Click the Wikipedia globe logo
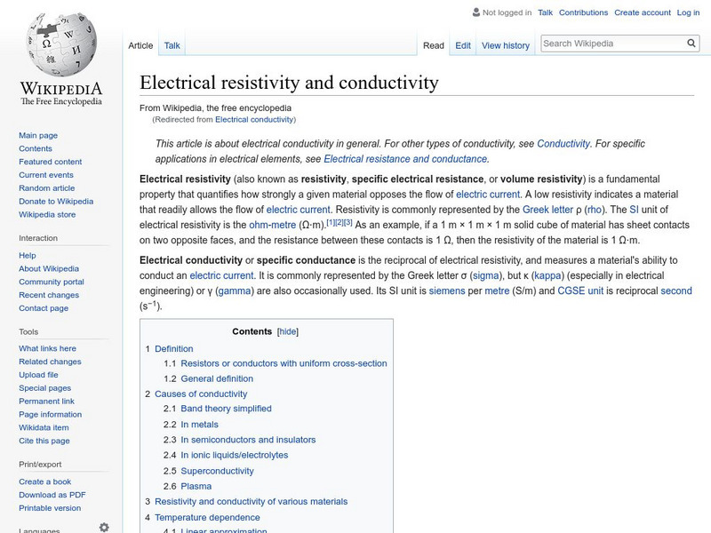(60, 44)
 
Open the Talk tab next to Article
(172, 45)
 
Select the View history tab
(505, 45)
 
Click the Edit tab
(463, 45)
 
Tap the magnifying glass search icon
(692, 43)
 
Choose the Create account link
(643, 12)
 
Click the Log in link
(688, 12)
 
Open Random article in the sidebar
(46, 188)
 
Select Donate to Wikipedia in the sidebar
(56, 202)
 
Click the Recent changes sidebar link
(49, 295)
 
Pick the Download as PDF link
(52, 495)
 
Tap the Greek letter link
(547, 210)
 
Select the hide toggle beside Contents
(287, 331)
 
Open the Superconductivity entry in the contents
(217, 471)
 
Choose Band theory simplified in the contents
(226, 409)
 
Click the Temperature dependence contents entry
(207, 517)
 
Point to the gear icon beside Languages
(104, 527)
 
